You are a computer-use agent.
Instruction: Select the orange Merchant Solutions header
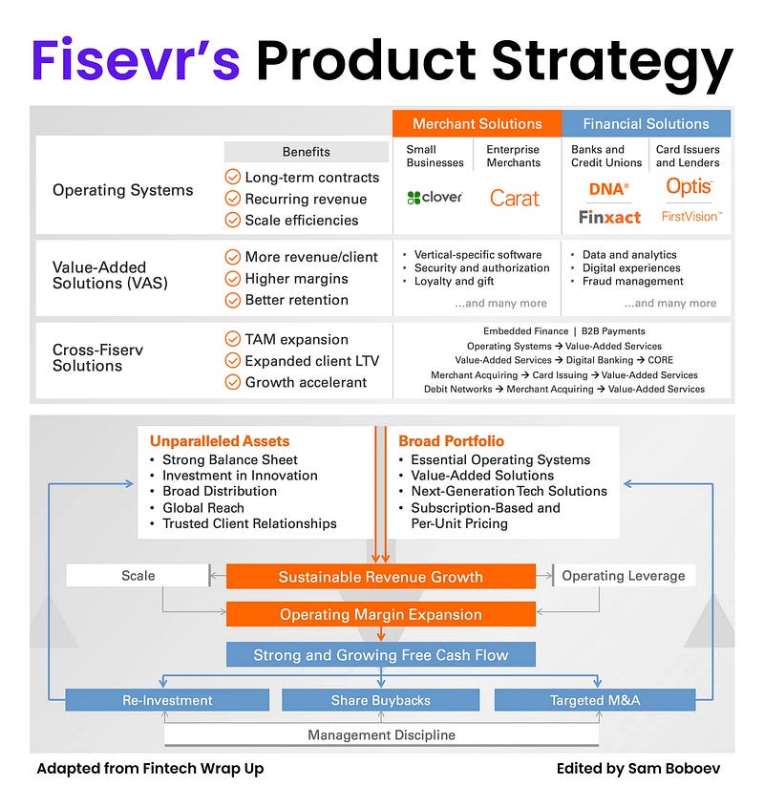click(477, 124)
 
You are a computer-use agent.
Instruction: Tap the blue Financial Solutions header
click(646, 124)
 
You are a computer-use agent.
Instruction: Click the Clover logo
click(435, 198)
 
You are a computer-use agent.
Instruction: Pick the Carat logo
click(515, 198)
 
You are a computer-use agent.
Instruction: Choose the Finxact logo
click(609, 217)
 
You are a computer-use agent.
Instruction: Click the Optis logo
click(690, 186)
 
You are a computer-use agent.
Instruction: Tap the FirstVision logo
click(691, 217)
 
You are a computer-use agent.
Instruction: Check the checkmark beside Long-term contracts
click(232, 178)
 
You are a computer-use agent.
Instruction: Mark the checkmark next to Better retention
click(232, 300)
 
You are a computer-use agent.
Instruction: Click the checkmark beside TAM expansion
click(232, 339)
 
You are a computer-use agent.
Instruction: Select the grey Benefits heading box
click(306, 152)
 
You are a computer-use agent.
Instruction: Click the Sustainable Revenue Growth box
click(380, 577)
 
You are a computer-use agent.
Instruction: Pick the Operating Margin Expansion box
click(380, 615)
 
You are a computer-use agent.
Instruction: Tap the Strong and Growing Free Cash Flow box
click(380, 655)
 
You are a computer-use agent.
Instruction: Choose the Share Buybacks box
click(380, 700)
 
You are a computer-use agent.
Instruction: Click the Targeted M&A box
click(594, 700)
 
